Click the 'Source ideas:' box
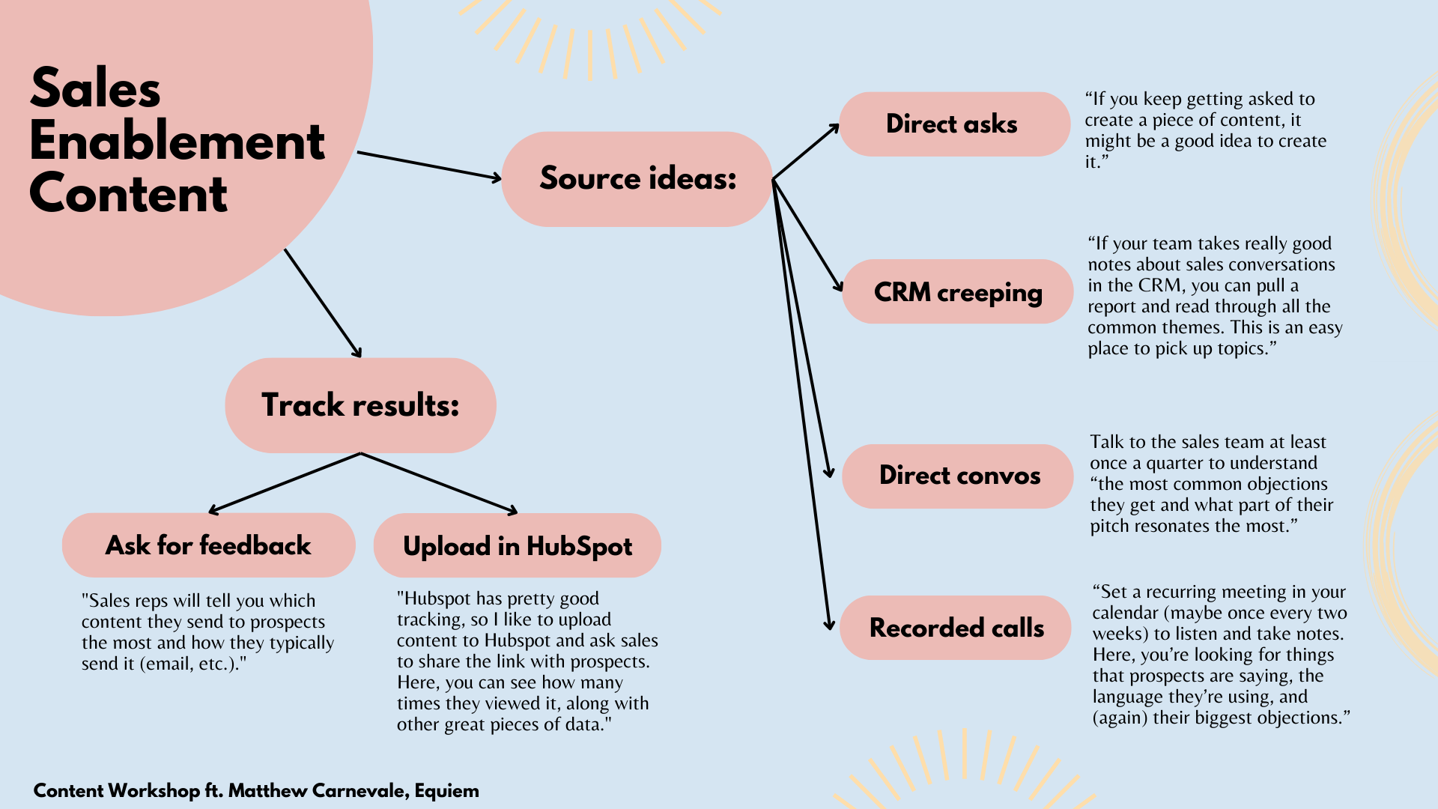tap(637, 179)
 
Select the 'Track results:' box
tap(360, 405)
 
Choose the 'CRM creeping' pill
tap(957, 291)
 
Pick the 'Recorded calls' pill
tap(956, 628)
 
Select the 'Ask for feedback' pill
tap(208, 545)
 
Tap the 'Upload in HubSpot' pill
tap(518, 546)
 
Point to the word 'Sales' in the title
tap(95, 88)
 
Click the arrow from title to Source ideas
tap(428, 166)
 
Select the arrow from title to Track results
tap(322, 303)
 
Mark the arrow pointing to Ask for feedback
tap(285, 483)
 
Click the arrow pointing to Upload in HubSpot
tap(439, 483)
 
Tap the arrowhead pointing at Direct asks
tap(834, 128)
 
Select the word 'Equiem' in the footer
tap(447, 791)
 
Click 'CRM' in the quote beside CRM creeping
tap(1160, 285)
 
